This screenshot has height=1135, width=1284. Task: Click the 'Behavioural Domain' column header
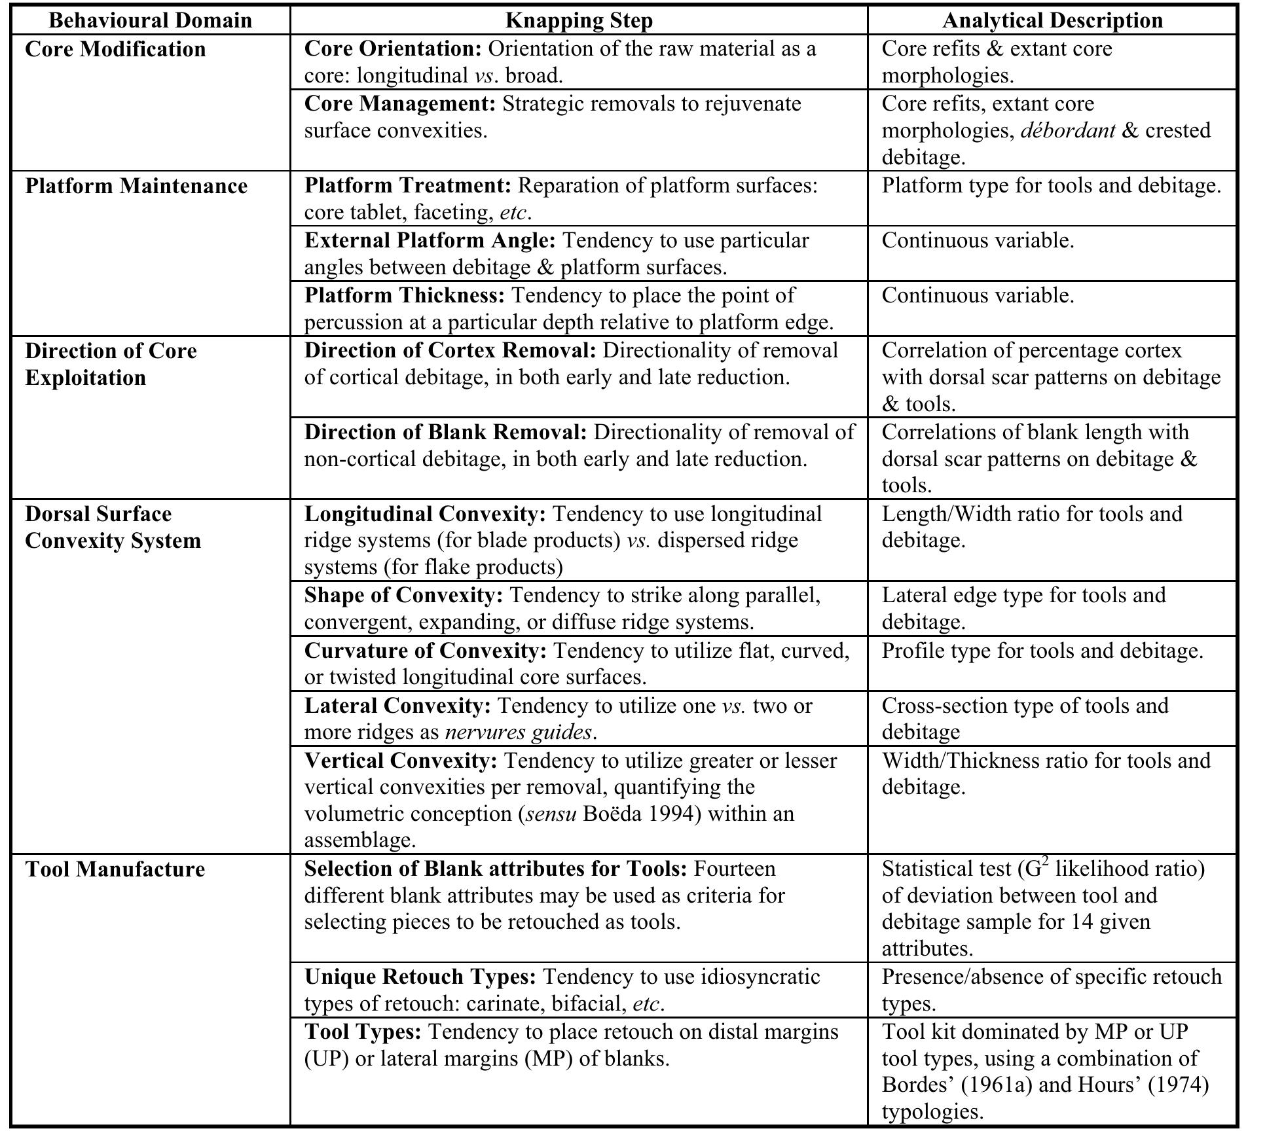pos(150,20)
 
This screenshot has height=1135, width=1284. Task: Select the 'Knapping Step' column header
pos(579,20)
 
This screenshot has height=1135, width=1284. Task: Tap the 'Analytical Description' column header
pos(1052,20)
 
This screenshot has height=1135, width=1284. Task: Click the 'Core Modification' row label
pos(115,49)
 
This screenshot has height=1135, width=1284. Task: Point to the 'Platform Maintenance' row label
pos(136,186)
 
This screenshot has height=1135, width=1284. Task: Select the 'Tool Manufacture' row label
pos(115,869)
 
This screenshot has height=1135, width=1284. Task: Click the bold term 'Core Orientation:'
pos(393,49)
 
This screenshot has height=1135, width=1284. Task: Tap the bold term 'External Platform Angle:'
pos(430,241)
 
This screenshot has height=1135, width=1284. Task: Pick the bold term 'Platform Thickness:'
pos(404,296)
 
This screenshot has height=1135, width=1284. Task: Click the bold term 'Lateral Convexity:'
pos(397,706)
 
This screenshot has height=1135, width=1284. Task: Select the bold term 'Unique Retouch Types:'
pos(420,977)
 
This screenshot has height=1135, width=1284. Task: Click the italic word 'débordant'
pos(1067,131)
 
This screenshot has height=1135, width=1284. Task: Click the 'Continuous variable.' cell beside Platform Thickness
pos(978,296)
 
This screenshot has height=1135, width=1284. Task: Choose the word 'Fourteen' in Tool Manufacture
pos(734,869)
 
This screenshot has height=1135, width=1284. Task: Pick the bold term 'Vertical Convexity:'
pos(401,761)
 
